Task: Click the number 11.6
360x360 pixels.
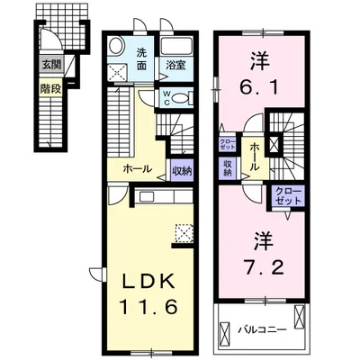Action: [141, 306]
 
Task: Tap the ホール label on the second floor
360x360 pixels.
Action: [255, 151]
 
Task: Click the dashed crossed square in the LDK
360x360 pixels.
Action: [184, 236]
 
